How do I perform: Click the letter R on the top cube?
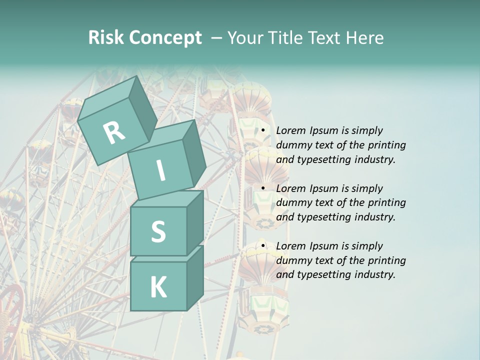[113, 133]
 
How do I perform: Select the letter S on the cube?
[158, 231]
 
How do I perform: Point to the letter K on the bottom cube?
[158, 287]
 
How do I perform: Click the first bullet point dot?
[263, 131]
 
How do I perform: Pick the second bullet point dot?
[263, 188]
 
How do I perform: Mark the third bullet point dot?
[263, 246]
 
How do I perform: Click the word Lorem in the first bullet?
[290, 131]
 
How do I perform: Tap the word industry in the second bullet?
[374, 217]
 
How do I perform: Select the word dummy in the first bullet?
[293, 145]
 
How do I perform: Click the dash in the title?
[216, 38]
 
